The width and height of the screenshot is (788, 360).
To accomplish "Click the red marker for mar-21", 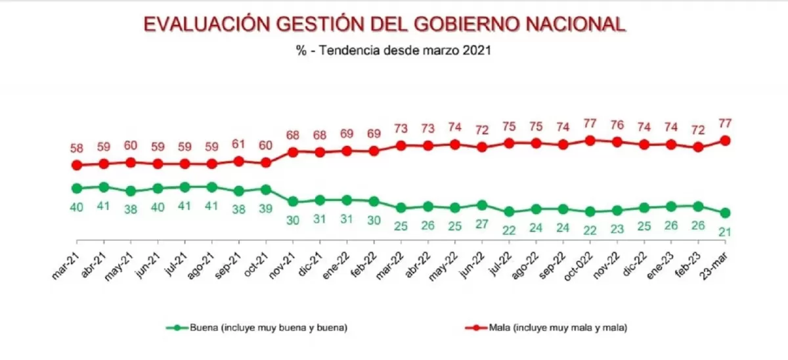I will [76, 166].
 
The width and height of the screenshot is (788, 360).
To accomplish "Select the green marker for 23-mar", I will [726, 213].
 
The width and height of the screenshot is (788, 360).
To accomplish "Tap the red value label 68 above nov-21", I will [293, 135].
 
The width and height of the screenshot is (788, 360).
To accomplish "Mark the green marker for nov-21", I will [293, 202].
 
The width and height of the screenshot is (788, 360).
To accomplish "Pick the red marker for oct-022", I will [590, 140].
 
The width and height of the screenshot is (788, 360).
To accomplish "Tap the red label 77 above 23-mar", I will [726, 123].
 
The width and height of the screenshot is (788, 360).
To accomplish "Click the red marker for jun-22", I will [482, 147].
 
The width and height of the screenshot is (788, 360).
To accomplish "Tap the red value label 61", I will [239, 144].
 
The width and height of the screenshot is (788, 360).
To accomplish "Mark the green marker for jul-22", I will [509, 212].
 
